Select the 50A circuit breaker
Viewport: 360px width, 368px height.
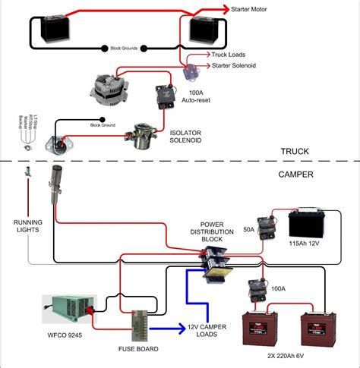267,225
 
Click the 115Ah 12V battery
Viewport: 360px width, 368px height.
311,225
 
